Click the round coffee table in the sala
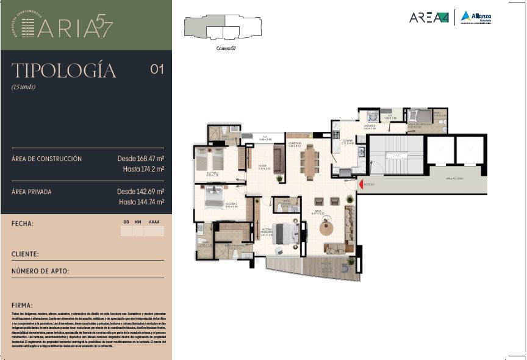tap(328, 229)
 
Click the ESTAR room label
tap(262, 165)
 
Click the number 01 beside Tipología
tap(157, 70)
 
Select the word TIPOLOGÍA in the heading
tap(63, 71)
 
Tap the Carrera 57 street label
tap(226, 48)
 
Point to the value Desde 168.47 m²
tap(141, 159)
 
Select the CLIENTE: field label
tap(25, 254)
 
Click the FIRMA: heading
tap(22, 304)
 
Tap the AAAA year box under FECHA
tap(154, 231)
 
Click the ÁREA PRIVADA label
tap(31, 192)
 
